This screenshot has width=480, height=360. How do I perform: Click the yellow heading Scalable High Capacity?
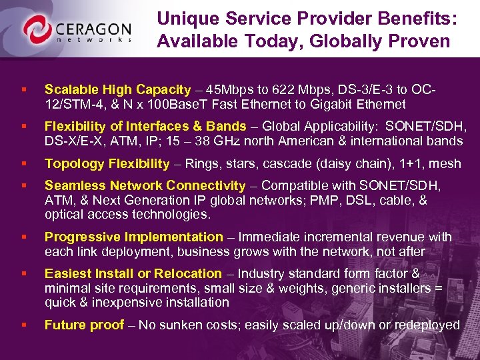coord(117,89)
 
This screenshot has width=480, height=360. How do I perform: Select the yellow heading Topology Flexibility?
coord(107,163)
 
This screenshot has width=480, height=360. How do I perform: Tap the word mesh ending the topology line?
coord(445,163)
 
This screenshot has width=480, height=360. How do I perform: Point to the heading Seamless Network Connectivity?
coord(145,185)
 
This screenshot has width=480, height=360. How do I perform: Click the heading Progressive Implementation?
coord(133,237)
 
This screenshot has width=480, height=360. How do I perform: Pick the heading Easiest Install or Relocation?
coord(133,273)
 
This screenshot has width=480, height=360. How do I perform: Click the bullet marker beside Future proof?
coord(24,325)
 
